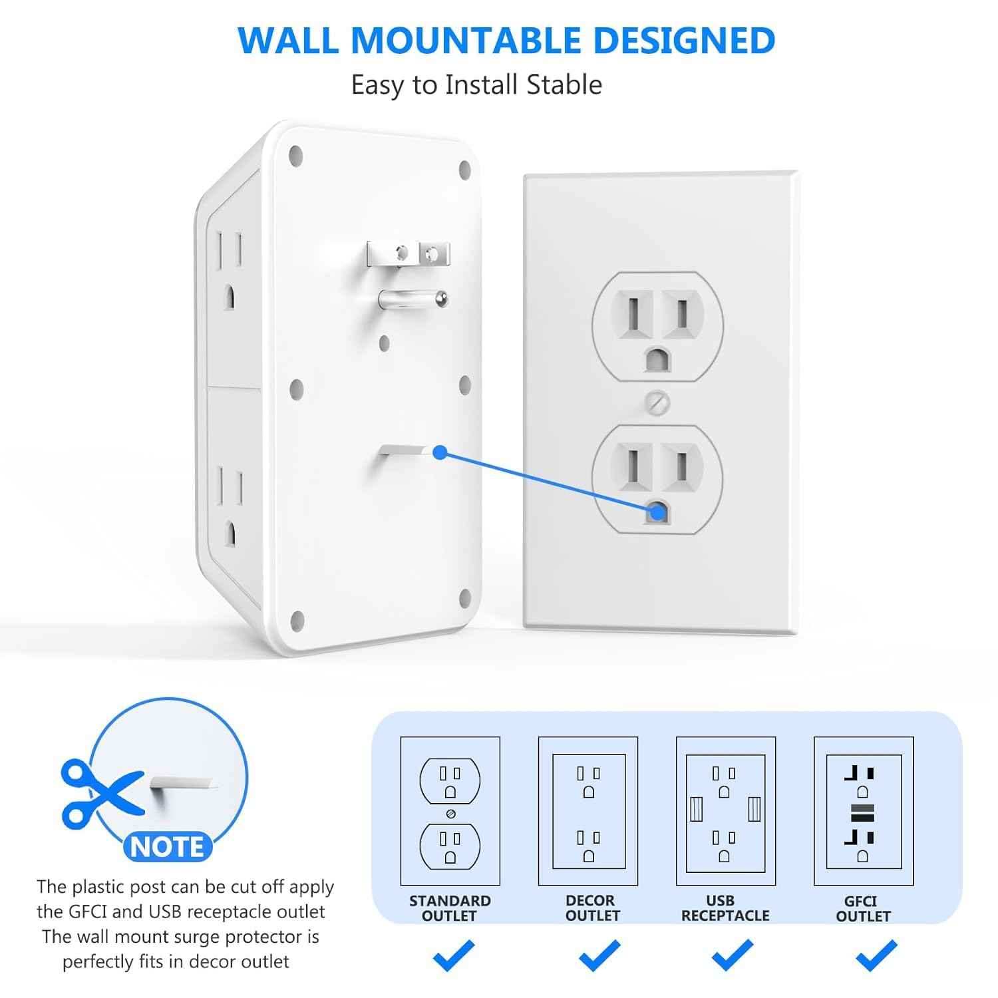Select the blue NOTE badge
point(168,847)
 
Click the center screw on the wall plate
point(657,402)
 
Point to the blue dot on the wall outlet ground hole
point(657,512)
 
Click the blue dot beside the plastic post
point(439,452)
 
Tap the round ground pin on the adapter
point(413,299)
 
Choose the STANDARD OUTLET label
point(450,908)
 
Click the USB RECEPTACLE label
point(725,908)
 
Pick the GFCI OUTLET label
point(862,908)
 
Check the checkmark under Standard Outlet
point(453,955)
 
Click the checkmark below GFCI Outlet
point(876,955)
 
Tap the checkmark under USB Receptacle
point(732,955)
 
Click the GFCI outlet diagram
point(863,811)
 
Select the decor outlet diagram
point(588,811)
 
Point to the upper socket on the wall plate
point(657,326)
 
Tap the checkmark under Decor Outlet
point(599,955)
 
